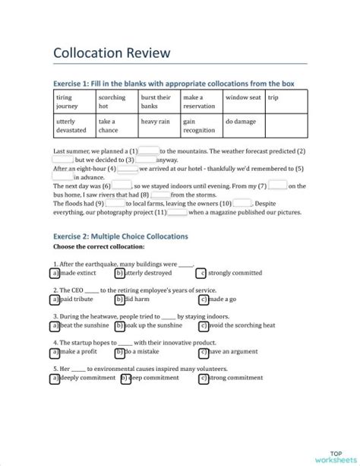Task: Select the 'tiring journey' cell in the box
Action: (73, 102)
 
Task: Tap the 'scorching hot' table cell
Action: (116, 102)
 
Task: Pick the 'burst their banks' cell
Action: (158, 102)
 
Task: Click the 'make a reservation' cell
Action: (201, 102)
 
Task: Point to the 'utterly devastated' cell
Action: (73, 125)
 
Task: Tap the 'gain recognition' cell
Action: (201, 125)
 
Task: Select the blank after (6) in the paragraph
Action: (120, 185)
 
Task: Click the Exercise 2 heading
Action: (120, 236)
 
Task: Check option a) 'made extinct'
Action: (55, 273)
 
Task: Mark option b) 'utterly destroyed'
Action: (119, 273)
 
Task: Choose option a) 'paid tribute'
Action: (55, 300)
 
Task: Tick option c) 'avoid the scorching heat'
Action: (203, 326)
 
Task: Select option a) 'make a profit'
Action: (55, 352)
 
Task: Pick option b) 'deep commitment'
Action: (119, 378)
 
